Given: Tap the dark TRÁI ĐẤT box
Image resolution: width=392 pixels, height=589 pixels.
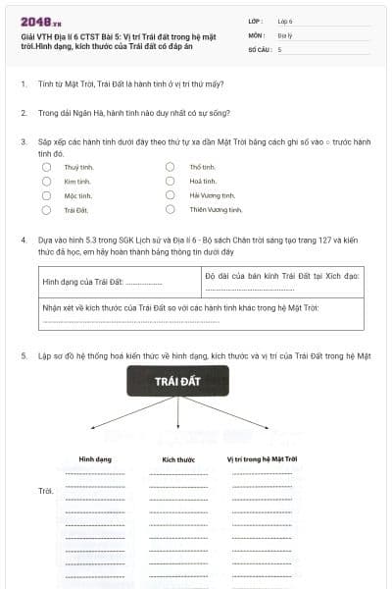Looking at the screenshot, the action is click(x=178, y=379).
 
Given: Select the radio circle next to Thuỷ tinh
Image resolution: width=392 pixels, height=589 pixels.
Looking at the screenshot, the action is click(x=46, y=167).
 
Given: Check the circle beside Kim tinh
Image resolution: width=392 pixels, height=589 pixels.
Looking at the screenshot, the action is click(x=46, y=181).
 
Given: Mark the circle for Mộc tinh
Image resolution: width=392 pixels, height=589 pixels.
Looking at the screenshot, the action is click(x=46, y=195).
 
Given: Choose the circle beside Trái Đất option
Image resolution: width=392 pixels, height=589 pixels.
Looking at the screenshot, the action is click(x=46, y=209).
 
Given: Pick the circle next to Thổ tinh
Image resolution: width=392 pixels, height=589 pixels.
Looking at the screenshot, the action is click(x=171, y=167).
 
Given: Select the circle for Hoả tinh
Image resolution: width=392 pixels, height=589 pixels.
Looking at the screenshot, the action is click(x=171, y=181).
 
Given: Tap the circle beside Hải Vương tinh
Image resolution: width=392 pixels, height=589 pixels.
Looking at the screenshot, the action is click(x=171, y=195).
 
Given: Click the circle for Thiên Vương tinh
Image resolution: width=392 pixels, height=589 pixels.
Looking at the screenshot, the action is click(x=171, y=209).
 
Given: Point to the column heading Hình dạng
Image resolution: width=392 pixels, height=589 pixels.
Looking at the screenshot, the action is click(x=95, y=458).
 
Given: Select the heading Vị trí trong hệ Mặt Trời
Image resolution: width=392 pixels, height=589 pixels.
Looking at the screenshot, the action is click(x=262, y=458).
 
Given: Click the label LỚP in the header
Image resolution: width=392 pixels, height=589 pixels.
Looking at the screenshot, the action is click(x=257, y=20).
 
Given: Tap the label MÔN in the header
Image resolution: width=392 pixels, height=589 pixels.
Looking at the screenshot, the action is click(x=257, y=34).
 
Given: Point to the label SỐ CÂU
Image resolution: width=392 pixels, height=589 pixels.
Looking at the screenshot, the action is click(x=260, y=48).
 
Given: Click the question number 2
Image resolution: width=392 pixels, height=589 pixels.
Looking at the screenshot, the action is click(x=24, y=113).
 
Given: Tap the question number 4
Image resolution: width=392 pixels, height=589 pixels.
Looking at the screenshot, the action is click(x=24, y=240).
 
